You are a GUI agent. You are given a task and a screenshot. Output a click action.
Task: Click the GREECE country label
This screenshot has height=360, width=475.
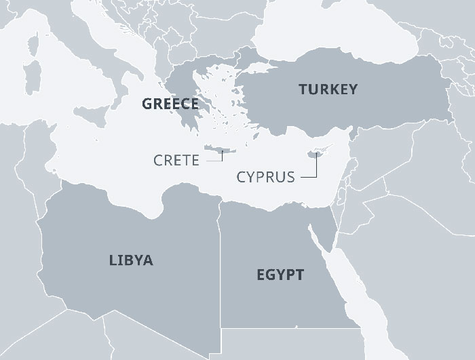[170, 104]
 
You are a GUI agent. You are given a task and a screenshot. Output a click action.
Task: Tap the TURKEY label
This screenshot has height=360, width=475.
[328, 89]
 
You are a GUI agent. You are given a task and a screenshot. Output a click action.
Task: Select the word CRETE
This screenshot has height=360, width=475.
[176, 161]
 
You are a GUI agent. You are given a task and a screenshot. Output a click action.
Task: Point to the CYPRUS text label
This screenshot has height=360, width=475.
[266, 178]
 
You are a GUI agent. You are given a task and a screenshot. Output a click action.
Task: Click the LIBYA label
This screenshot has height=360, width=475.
[131, 260]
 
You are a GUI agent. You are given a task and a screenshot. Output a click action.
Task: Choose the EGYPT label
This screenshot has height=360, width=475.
[280, 275]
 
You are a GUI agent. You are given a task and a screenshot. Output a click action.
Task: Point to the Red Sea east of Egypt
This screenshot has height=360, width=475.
[343, 285]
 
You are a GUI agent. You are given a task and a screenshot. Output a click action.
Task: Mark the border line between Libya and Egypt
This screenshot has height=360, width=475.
[219, 271]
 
